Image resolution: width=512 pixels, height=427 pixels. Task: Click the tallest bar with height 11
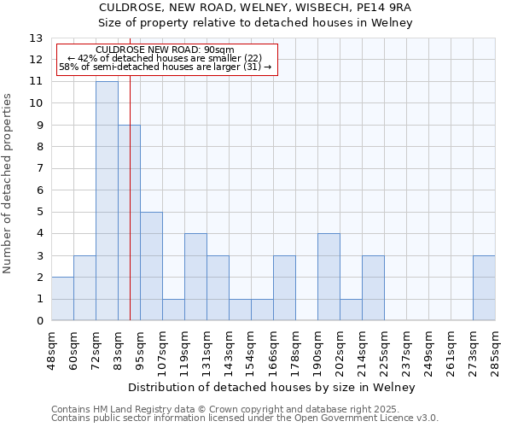pos(107,201)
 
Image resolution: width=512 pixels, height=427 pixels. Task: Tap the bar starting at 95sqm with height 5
pos(151,266)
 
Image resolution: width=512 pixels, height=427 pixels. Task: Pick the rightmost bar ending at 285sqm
pos(484,288)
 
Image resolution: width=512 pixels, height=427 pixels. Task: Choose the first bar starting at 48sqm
pos(62,299)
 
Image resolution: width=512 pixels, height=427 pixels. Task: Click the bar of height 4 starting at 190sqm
pos(329,277)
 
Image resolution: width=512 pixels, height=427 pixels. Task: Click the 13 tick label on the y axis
pos(36,38)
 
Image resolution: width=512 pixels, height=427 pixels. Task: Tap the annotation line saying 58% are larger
pos(166,67)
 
